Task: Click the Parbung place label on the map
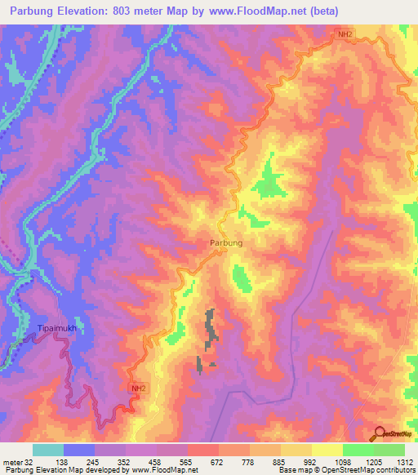tap(225, 243)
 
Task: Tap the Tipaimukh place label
tap(56, 329)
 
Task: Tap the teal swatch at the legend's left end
tap(47, 450)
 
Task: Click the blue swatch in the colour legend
tap(78, 450)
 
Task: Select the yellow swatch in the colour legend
tap(327, 450)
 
